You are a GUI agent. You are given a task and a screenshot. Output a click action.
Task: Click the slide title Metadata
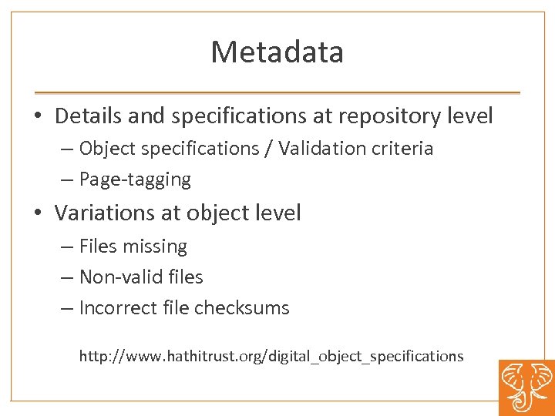click(277, 52)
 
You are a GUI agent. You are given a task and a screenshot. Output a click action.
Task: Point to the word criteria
click(405, 148)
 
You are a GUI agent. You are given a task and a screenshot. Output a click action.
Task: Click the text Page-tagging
click(135, 179)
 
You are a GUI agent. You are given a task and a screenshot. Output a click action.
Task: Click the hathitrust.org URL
click(271, 356)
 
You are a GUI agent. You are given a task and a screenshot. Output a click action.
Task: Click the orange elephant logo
click(526, 387)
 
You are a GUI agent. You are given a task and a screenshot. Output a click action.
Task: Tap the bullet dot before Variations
click(38, 213)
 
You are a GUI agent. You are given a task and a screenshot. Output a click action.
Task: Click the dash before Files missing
click(67, 247)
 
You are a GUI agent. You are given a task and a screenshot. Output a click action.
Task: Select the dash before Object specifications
click(67, 149)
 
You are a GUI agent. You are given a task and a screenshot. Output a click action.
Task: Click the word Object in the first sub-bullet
click(106, 148)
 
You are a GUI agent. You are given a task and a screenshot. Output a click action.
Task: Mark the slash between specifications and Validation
click(268, 148)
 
